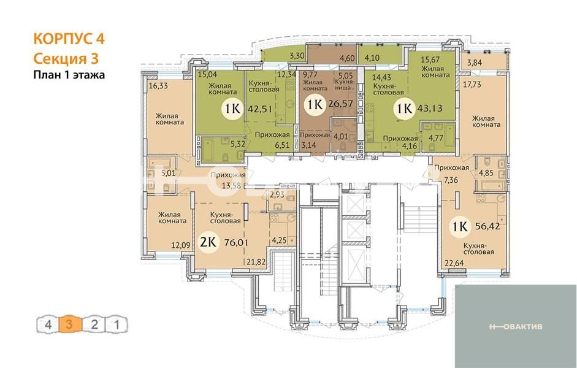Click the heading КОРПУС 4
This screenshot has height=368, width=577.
(69, 39)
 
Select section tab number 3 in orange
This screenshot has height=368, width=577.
(69, 325)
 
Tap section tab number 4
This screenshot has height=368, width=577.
(48, 325)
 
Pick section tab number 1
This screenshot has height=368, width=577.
(117, 325)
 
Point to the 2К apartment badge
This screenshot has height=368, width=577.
(208, 242)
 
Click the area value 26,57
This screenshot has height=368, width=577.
(341, 104)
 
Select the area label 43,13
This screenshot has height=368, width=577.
(430, 109)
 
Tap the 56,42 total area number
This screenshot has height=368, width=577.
(488, 226)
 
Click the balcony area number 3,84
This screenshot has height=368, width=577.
(475, 63)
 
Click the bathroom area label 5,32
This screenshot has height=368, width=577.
(237, 144)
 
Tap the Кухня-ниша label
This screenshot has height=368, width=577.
(345, 85)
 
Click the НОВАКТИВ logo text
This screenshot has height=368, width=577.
(516, 326)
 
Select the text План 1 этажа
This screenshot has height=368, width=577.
(69, 75)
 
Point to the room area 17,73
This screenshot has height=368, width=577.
(472, 85)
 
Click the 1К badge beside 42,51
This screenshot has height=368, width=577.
(232, 109)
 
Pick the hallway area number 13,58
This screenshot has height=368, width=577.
(232, 185)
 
